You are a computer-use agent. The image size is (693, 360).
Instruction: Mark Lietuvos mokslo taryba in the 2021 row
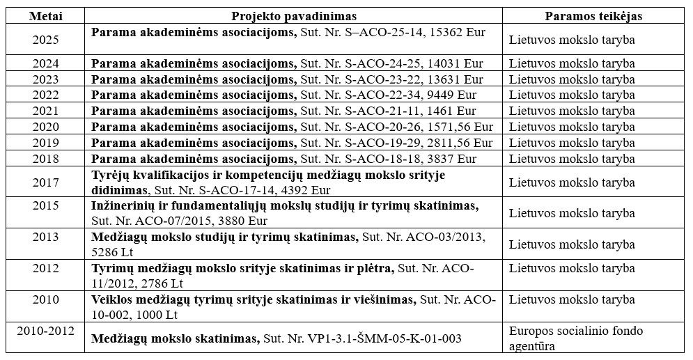pyautogui.click(x=572, y=111)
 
